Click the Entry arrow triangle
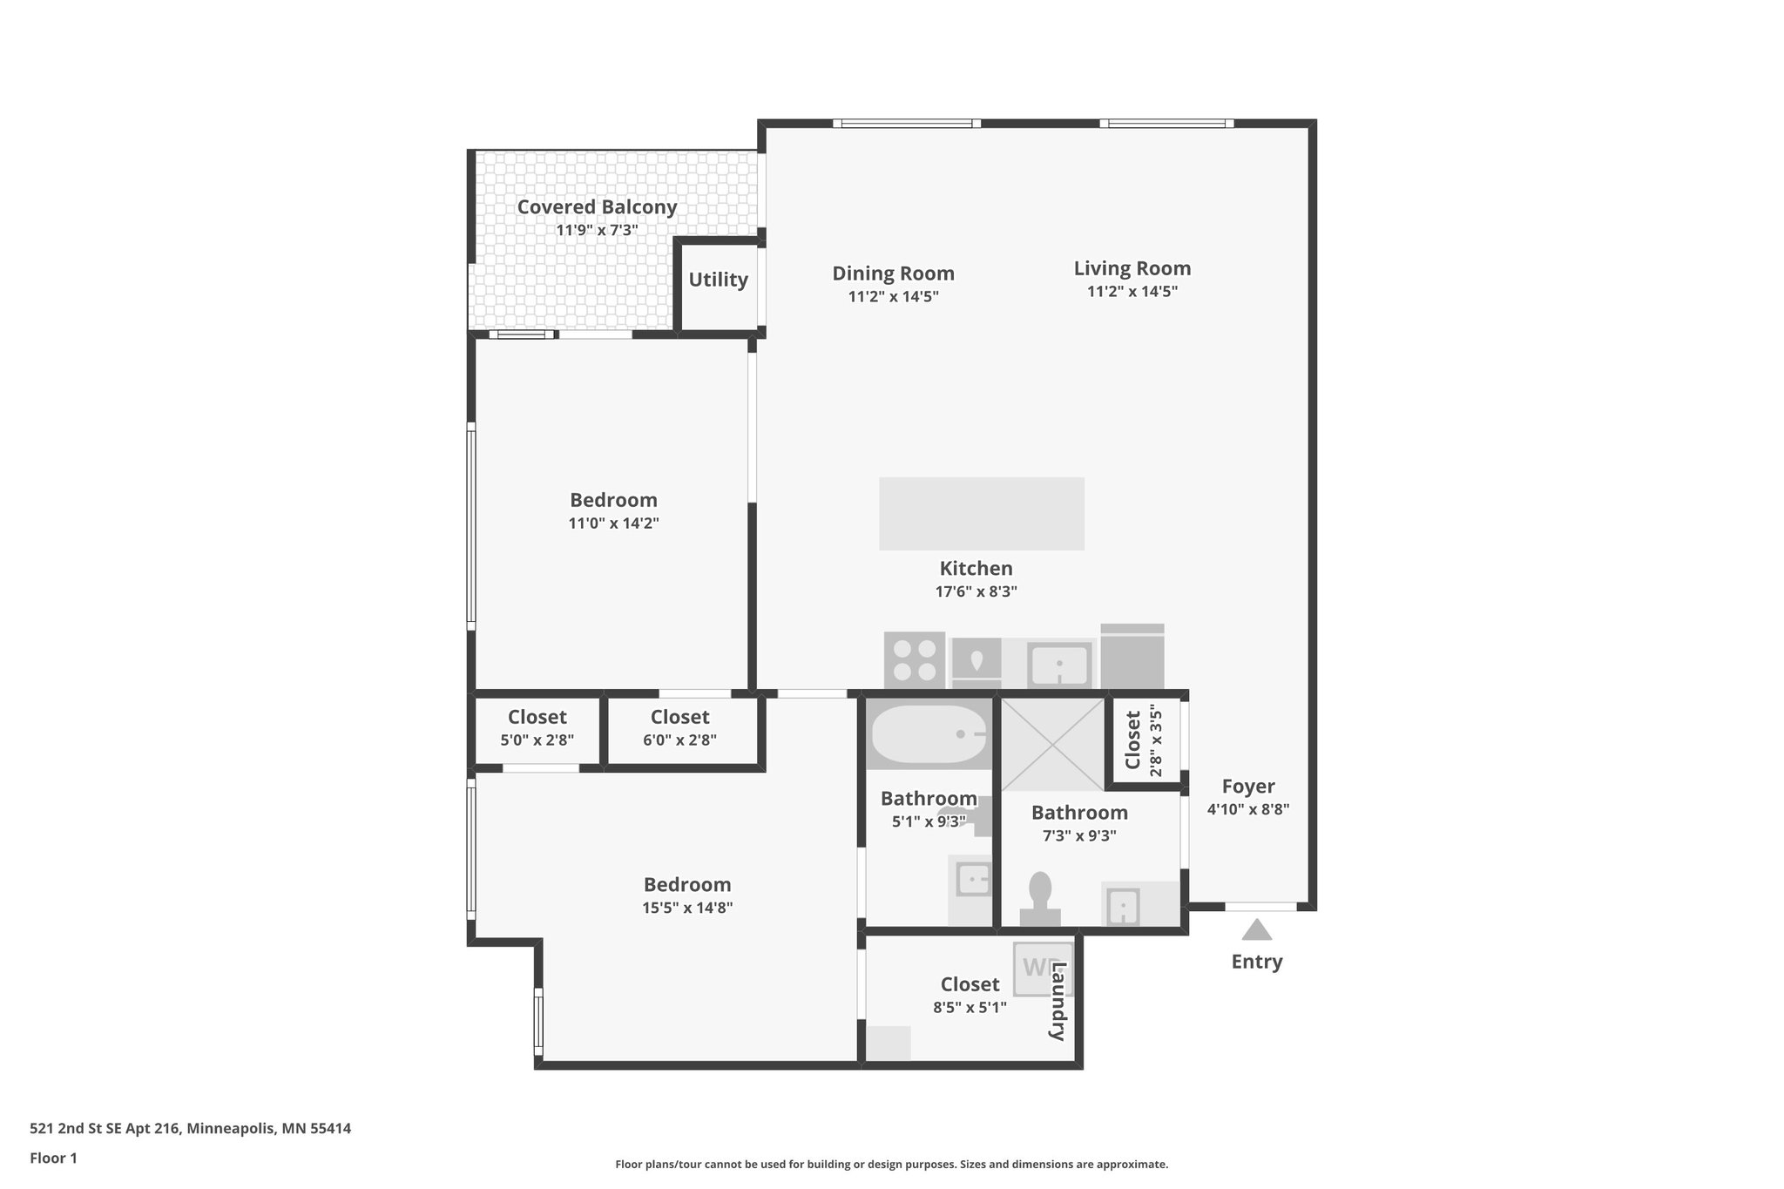(1256, 930)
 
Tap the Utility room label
(718, 280)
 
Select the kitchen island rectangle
(981, 513)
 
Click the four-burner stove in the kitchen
(914, 659)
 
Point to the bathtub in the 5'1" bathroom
(929, 735)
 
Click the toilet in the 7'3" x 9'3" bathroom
(1040, 896)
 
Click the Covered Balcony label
(597, 207)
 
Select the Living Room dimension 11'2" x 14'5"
(1132, 292)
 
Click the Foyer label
(1247, 787)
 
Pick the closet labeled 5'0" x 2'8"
(537, 728)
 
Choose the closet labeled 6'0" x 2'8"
(679, 728)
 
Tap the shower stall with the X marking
(1052, 745)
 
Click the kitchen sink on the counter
(1059, 665)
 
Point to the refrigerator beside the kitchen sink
(1132, 658)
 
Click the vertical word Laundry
(1058, 1001)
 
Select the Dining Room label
(893, 274)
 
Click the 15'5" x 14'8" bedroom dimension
(687, 908)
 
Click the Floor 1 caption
(53, 1158)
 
